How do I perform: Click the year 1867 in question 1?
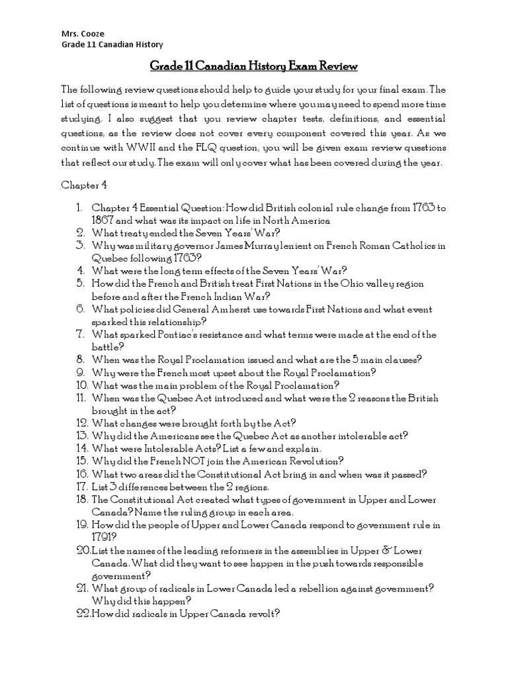[103, 220]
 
